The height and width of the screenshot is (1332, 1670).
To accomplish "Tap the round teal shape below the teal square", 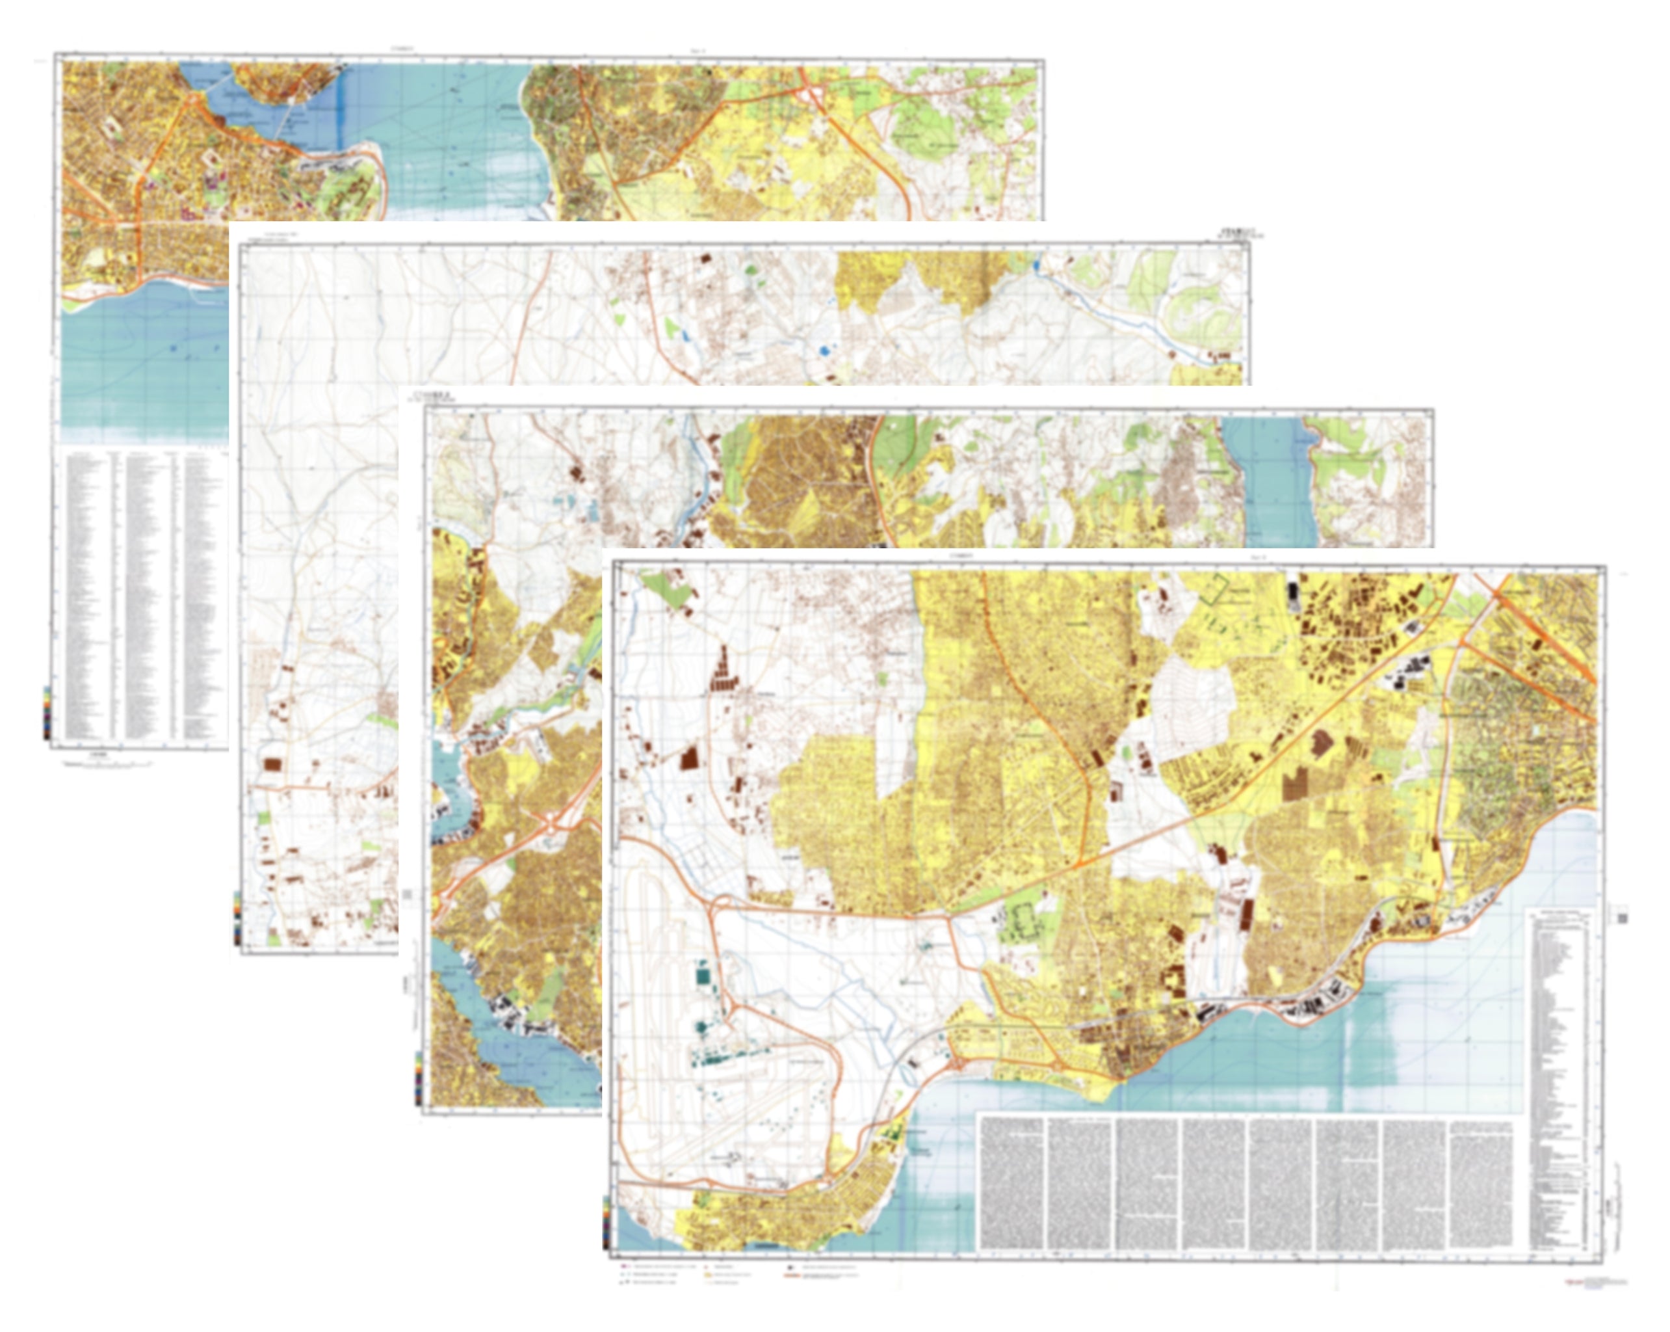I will (702, 1027).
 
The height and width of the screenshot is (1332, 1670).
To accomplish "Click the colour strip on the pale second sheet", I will (236, 919).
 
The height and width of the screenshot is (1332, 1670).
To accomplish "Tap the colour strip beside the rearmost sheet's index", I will (47, 712).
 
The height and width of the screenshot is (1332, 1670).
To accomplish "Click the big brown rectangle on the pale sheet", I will (272, 764).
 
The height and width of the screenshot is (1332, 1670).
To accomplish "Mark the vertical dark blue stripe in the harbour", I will (338, 109).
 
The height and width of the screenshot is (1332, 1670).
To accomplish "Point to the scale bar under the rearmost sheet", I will (109, 764).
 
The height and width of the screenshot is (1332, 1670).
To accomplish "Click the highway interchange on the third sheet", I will (551, 825).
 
